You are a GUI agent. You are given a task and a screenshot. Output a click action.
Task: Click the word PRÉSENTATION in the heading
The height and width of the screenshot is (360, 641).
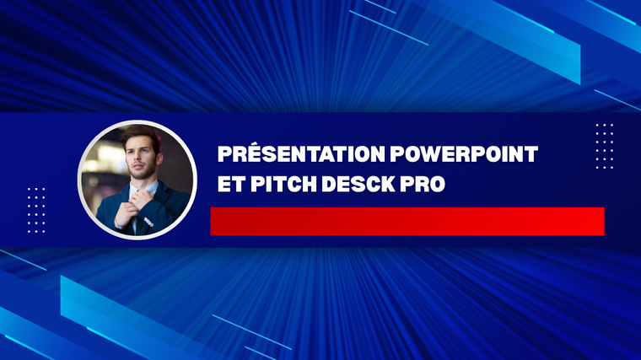click(301, 153)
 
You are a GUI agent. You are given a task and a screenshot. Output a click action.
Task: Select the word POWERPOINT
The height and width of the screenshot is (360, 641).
click(464, 154)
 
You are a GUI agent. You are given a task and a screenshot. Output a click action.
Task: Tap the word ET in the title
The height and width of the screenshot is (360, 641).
click(231, 184)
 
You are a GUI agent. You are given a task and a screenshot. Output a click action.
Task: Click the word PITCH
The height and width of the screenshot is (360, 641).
click(283, 184)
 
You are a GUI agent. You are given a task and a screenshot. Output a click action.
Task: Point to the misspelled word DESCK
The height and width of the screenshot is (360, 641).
click(358, 184)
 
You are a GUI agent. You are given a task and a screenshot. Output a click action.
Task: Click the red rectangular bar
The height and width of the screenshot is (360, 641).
click(407, 221)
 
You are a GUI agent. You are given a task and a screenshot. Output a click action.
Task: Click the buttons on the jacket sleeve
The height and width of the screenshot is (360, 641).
click(148, 223)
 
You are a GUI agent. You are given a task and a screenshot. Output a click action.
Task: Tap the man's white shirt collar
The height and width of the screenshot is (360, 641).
click(143, 189)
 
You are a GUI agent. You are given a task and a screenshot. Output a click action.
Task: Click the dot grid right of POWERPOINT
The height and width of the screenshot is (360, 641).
click(604, 147)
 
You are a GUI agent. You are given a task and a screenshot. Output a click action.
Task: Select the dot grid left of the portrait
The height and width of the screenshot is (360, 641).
click(36, 211)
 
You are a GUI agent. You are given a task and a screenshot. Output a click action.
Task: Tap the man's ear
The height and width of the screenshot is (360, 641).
click(159, 159)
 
